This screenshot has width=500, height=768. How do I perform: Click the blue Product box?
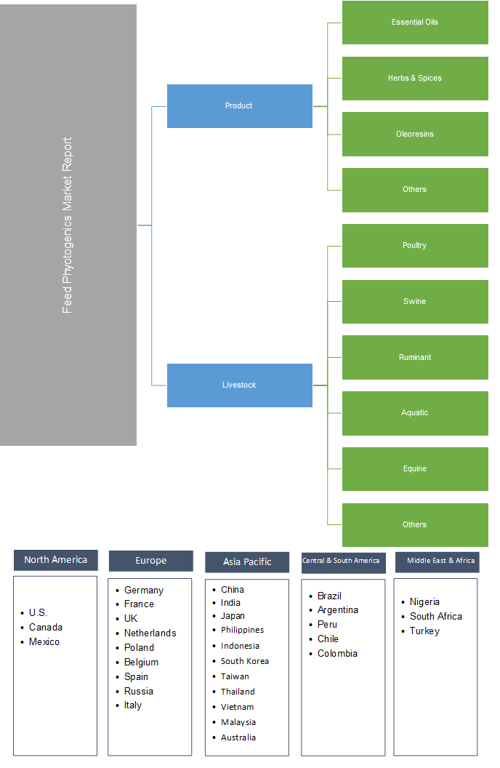(x=239, y=106)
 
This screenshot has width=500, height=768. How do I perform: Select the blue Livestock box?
(x=239, y=385)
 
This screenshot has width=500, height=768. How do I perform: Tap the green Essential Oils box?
(x=415, y=23)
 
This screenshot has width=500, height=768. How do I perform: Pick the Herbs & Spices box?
(x=415, y=79)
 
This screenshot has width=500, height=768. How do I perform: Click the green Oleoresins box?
(x=415, y=135)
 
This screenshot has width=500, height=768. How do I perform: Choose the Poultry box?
(x=415, y=246)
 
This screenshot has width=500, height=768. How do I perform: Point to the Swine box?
(x=415, y=302)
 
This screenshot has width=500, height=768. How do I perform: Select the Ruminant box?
(x=415, y=358)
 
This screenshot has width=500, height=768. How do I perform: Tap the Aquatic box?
(x=415, y=413)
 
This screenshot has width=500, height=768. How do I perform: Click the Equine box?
(x=415, y=469)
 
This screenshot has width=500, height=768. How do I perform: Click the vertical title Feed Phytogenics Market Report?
(x=68, y=225)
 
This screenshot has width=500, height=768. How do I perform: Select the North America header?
(x=55, y=560)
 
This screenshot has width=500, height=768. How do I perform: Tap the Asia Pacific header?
(x=247, y=562)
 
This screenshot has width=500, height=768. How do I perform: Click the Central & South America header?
(x=341, y=561)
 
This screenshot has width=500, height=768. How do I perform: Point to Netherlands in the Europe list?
(x=150, y=633)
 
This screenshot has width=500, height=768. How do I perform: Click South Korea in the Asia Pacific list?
(x=245, y=661)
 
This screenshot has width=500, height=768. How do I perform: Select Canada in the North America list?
(x=46, y=628)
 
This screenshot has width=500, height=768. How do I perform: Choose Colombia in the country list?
(x=337, y=654)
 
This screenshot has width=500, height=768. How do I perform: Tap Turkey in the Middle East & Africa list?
(x=424, y=631)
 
